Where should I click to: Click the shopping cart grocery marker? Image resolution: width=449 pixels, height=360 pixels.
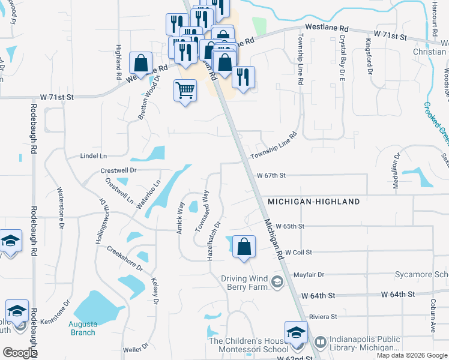[185, 91]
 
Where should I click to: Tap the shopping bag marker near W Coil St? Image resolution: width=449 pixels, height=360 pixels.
[244, 246]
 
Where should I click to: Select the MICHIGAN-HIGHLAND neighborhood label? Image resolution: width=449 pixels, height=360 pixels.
[313, 202]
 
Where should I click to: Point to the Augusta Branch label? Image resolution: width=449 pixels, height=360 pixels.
[83, 328]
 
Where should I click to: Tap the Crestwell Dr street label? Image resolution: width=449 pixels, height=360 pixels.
[119, 170]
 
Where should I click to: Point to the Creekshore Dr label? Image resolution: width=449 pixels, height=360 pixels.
[125, 258]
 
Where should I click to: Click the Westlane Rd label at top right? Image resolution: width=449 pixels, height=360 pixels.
[327, 28]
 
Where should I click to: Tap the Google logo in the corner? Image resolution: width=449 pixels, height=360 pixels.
[20, 353]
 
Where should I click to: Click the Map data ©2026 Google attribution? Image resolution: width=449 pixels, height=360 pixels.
[412, 355]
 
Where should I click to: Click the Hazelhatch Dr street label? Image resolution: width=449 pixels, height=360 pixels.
[214, 239]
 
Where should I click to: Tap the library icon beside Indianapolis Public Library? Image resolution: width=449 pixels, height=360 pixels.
[320, 343]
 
